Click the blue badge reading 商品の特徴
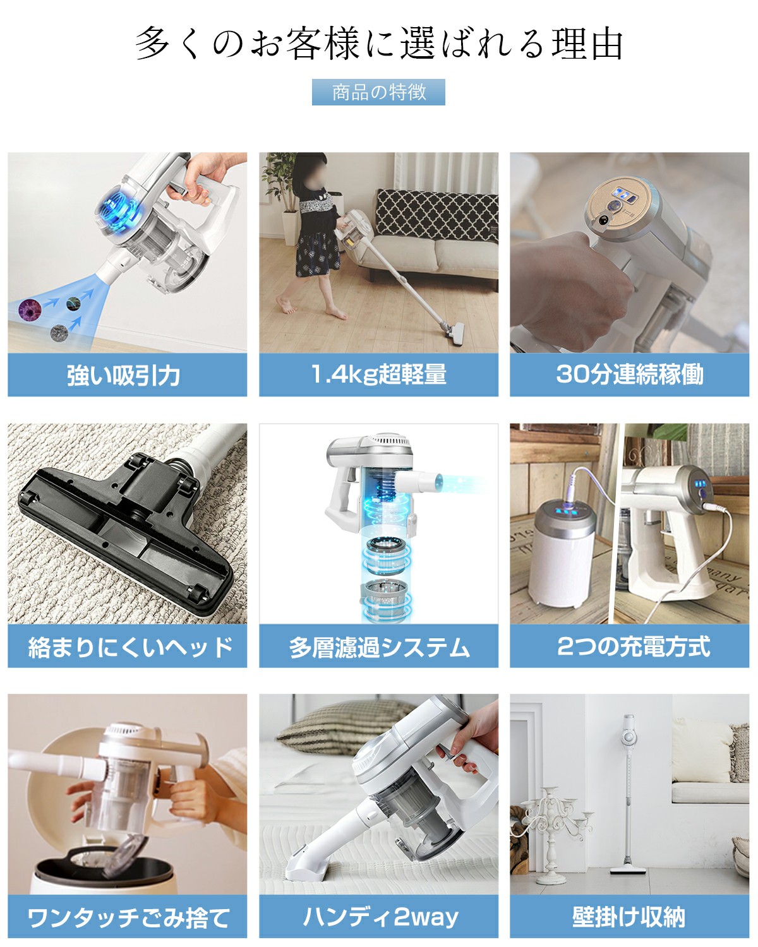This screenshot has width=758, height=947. [378, 92]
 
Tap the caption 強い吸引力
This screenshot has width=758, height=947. [124, 375]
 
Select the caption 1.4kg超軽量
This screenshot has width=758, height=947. [378, 374]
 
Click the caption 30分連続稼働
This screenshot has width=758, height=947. [629, 374]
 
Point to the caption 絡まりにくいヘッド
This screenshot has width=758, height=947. [129, 647]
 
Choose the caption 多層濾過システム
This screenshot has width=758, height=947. [379, 647]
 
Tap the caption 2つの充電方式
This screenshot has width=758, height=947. [634, 646]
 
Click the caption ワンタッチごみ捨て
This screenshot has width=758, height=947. [128, 917]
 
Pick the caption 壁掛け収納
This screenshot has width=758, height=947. [629, 917]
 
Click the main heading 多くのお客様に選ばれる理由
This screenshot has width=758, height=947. [379, 44]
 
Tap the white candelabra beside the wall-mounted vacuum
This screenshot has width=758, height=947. [553, 827]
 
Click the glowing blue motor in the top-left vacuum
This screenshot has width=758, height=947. [120, 215]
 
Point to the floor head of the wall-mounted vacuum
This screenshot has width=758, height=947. [628, 870]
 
